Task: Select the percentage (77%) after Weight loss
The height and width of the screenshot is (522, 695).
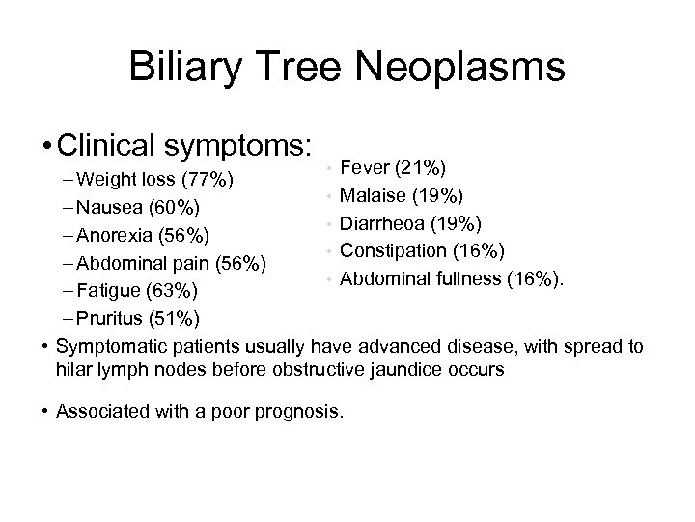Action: click(x=209, y=180)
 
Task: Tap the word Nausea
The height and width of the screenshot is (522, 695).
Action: click(x=107, y=207)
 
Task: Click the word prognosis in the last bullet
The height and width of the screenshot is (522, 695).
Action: click(x=298, y=411)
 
